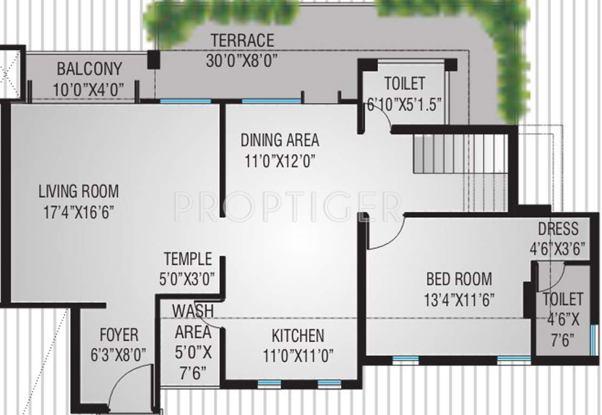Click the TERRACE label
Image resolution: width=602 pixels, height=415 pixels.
pos(242,41)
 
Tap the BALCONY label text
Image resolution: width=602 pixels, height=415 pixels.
pos(89,69)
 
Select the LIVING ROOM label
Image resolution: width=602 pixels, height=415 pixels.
pos(78,191)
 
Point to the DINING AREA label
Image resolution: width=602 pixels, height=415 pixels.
pos(280,140)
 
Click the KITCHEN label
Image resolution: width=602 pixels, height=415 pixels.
pos(297,336)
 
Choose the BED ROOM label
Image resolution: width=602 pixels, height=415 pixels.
pos(459,279)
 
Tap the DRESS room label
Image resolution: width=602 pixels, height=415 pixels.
pos(558,229)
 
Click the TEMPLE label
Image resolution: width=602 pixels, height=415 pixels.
pos(188,259)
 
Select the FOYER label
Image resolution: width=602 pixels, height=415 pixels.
pos(119,335)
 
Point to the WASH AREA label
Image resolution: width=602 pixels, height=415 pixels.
pos(192,322)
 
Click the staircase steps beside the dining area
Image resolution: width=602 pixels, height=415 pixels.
pos(460,154)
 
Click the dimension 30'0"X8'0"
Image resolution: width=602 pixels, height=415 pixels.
pos(242,60)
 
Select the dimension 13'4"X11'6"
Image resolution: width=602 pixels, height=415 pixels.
pos(459,299)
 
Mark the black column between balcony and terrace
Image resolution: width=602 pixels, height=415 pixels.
pos(154,59)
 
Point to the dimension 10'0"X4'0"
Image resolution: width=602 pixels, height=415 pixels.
pos(89,89)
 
